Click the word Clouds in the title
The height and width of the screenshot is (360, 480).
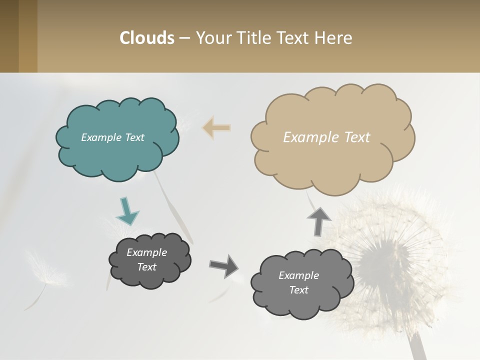click(146, 38)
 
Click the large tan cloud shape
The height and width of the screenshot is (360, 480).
click(332, 160)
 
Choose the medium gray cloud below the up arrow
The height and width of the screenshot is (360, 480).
click(302, 305)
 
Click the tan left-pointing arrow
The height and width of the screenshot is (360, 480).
click(217, 128)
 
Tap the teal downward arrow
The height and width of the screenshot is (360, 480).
click(127, 211)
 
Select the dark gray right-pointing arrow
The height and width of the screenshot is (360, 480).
click(224, 265)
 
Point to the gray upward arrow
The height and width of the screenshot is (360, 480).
click(319, 220)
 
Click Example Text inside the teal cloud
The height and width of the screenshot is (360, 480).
click(112, 137)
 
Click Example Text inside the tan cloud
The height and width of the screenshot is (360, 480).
click(326, 137)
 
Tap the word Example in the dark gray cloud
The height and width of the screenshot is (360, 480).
click(146, 252)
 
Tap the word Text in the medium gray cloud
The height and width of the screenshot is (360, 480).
click(298, 290)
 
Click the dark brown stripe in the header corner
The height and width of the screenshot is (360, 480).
click(9, 36)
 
